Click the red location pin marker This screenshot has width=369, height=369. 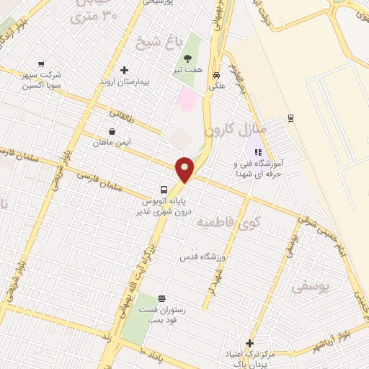185,169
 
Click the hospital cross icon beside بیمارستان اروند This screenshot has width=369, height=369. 125,71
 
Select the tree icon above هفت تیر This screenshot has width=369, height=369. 188,59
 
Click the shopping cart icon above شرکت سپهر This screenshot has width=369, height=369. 40,63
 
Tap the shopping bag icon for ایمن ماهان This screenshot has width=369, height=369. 112,132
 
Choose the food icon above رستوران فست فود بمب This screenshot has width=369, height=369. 161,298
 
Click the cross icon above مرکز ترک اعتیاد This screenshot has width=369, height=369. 249,343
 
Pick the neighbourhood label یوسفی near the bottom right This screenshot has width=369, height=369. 311,286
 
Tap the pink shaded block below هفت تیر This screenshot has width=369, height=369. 187,99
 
